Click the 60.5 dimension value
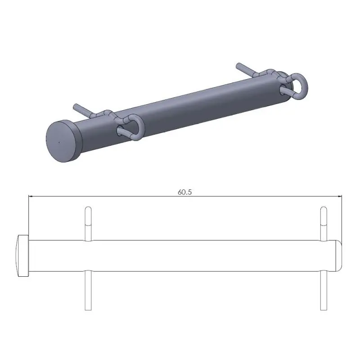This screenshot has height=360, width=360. point(185,192)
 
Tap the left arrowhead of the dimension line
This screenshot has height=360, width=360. point(31,196)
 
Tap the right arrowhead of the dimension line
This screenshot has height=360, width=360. point(339,196)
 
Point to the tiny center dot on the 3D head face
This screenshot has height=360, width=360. point(59,144)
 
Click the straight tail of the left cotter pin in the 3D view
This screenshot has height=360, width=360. point(81,109)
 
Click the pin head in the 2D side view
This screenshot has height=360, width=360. point(22,256)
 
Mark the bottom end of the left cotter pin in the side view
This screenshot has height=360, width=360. point(88,309)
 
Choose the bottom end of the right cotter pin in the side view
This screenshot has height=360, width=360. point(323,309)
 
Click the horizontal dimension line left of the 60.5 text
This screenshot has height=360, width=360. point(103,196)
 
